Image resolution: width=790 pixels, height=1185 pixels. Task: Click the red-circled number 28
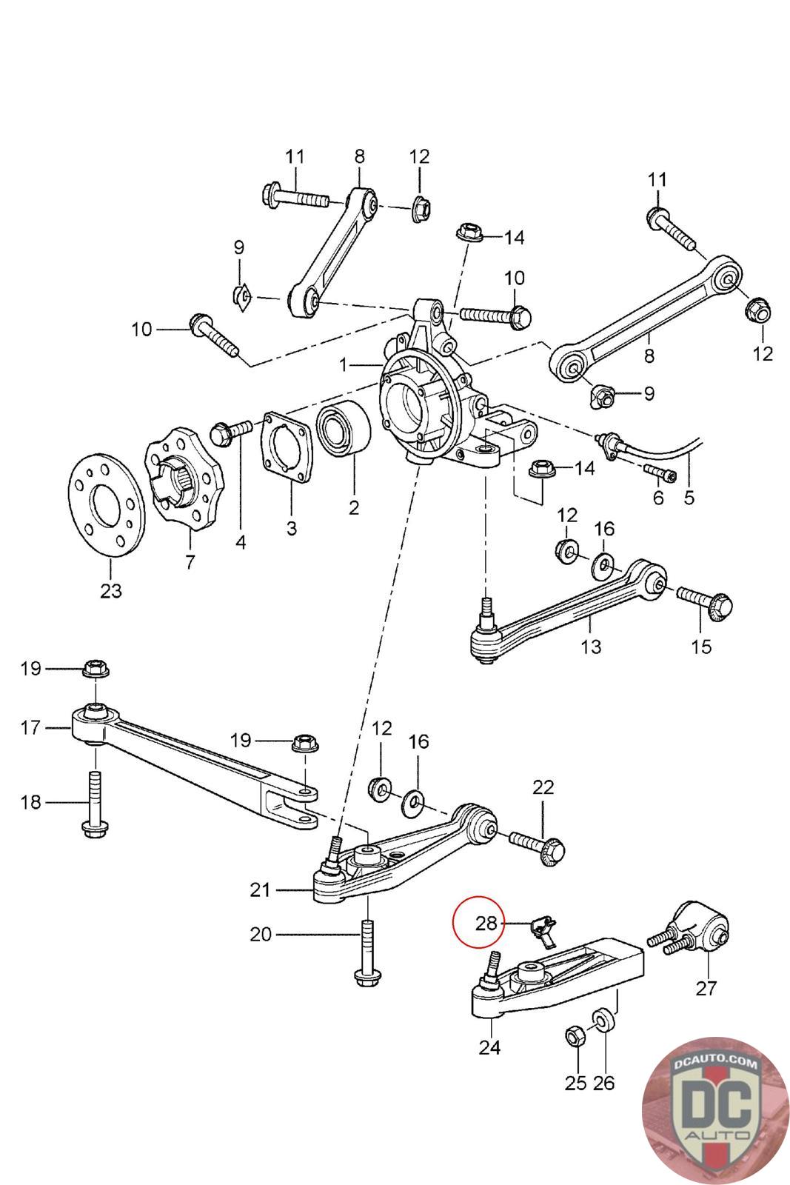486,923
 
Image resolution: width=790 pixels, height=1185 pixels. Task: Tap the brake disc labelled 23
107,503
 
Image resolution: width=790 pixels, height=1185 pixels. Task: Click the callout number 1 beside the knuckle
344,364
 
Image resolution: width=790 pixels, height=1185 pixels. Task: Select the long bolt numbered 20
367,952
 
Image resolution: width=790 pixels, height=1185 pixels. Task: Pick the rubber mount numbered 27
690,936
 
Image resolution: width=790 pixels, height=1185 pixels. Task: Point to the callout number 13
591,646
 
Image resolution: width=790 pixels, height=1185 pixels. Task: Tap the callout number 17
30,727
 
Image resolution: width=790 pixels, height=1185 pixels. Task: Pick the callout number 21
260,889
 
